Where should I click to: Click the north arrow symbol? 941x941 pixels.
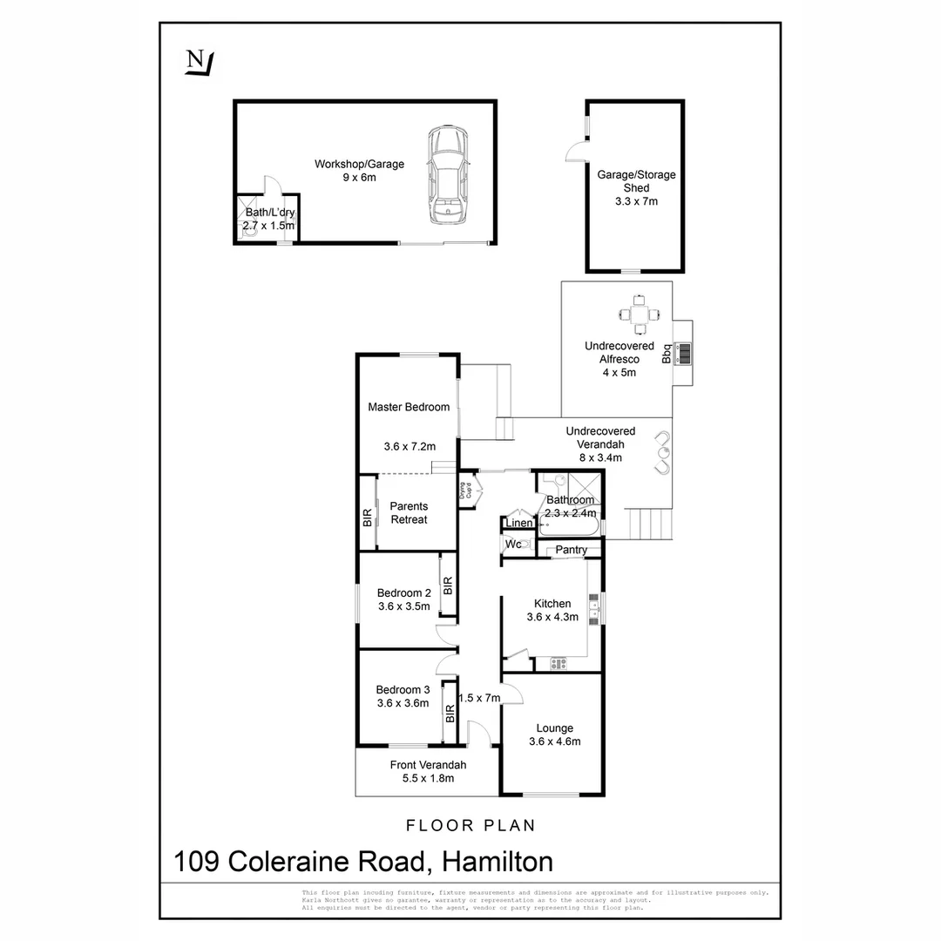coord(199,64)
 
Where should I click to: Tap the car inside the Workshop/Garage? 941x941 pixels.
coord(447,175)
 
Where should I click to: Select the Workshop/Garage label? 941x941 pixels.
coord(359,164)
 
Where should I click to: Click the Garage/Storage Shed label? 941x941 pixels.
coord(636,181)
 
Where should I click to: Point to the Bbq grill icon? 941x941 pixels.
coord(684,353)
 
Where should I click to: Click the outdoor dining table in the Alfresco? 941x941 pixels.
coord(640,315)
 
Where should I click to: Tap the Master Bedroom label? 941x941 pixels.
coord(409,407)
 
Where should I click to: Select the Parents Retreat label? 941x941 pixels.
coord(409,513)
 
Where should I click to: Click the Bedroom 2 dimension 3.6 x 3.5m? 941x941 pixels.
coord(404,607)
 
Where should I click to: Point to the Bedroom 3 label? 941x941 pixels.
coord(403,689)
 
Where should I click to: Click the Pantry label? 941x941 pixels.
coord(571,550)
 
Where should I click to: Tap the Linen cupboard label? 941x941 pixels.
coord(519,523)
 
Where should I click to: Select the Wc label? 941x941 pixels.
coord(513,545)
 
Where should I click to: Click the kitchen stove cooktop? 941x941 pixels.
coord(559,664)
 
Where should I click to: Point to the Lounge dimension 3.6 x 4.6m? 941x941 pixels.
coord(554,742)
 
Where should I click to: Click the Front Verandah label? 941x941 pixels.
coord(428,765)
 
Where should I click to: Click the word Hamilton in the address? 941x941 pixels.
coord(498,862)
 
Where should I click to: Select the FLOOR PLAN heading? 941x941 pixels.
coord(470,825)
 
